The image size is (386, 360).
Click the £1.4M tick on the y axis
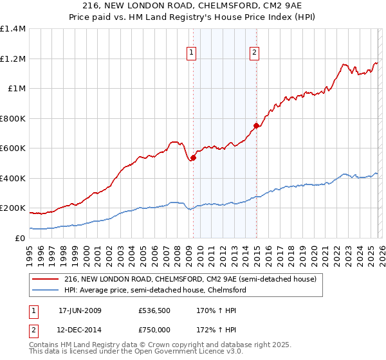coord(13,29)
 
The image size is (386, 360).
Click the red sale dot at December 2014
coord(256,126)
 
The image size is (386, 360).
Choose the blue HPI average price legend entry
coord(155,291)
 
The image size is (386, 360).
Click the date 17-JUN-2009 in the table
coord(80,310)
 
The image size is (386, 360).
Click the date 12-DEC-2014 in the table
coord(80,330)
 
